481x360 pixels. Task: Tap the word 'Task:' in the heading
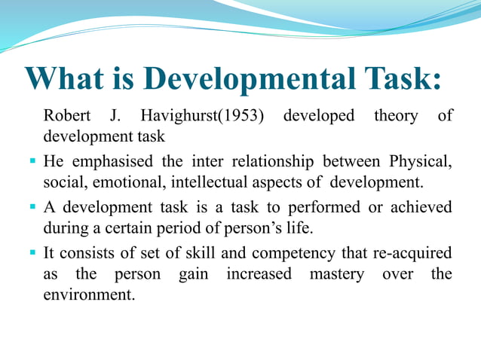[x=399, y=79]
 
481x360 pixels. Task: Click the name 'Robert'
[x=67, y=116]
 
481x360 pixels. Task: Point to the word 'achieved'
[x=419, y=207]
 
